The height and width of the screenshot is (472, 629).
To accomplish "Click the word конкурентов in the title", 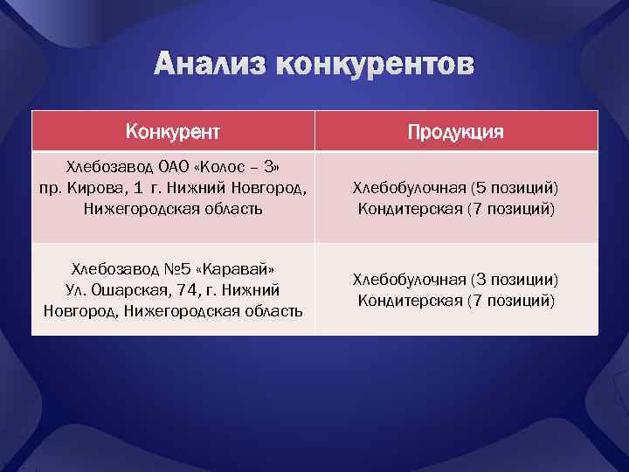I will coord(375,66).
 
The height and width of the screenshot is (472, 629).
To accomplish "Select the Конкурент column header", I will coord(173,132).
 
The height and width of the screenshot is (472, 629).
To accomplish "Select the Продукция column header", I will coord(456,132).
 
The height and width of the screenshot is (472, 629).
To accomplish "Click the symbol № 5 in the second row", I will coord(174,267).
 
